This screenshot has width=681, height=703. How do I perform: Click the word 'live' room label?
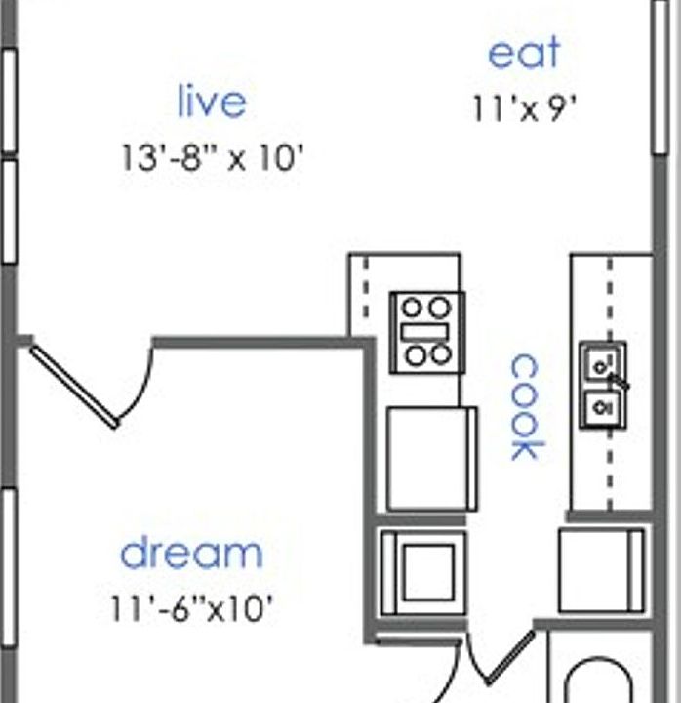(x=211, y=102)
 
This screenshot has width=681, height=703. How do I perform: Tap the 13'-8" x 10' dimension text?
(x=207, y=158)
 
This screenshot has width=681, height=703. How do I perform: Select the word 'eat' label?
(x=525, y=53)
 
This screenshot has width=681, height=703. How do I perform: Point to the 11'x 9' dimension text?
(x=525, y=108)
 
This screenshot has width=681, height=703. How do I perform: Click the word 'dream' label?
(x=191, y=554)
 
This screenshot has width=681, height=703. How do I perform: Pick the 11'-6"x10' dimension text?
(x=191, y=610)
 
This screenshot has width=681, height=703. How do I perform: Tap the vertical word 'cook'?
(x=525, y=406)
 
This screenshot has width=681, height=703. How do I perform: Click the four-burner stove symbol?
(x=426, y=332)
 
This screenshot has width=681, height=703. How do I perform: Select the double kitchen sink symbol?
(x=602, y=386)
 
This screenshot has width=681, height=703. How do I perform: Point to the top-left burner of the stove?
(x=412, y=308)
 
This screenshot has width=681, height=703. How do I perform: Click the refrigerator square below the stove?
(x=430, y=458)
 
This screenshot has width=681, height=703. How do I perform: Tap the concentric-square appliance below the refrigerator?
(x=421, y=572)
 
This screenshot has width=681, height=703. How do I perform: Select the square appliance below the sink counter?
(x=601, y=571)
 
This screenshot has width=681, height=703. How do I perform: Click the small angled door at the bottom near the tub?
(x=508, y=657)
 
